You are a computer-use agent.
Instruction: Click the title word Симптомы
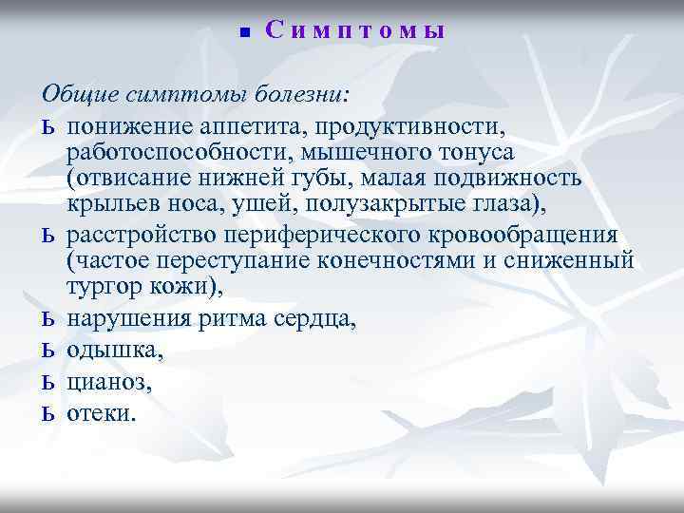pos(355,31)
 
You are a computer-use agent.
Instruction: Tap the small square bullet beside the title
pos(243,33)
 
